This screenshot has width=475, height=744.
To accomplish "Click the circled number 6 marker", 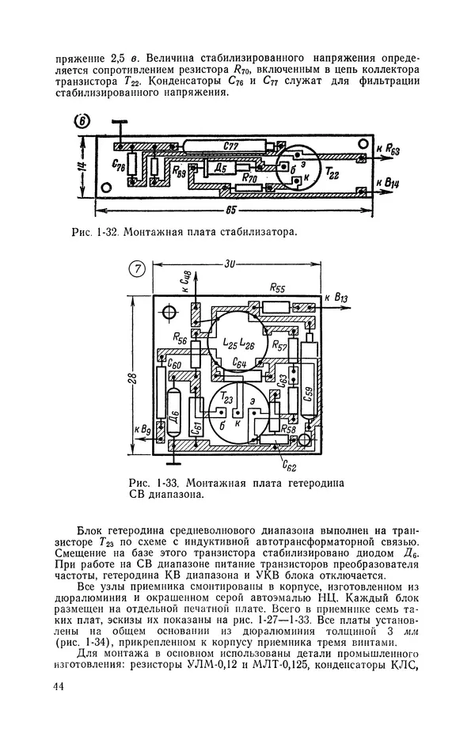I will tap(82, 121).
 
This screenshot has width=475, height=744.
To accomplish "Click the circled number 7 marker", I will tap(135, 269).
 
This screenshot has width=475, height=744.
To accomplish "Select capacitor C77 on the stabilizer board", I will tap(231, 146).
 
